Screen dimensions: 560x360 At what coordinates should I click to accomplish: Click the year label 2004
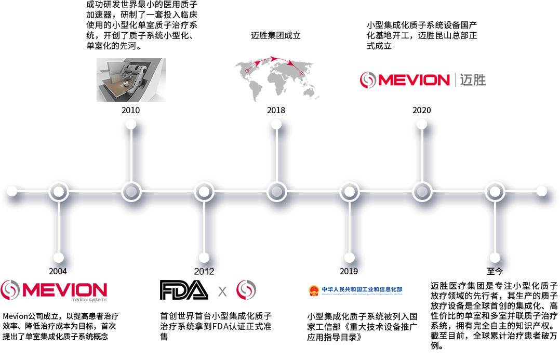tap(58, 271)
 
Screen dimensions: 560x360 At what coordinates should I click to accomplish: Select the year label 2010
tap(130, 110)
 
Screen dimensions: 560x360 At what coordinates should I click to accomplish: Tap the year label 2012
tap(204, 271)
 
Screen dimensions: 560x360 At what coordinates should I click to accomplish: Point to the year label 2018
tap(276, 110)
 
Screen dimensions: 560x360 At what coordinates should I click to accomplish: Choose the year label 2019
tap(349, 271)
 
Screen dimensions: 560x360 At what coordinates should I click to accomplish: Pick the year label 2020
tap(421, 110)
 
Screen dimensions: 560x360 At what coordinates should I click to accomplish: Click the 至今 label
tap(495, 271)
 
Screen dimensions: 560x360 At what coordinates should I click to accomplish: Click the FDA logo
tap(183, 290)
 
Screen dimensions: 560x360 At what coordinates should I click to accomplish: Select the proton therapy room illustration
tap(131, 79)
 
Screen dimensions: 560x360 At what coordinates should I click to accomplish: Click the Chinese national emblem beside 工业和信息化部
tap(313, 290)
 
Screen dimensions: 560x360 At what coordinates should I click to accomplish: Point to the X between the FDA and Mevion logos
tap(222, 291)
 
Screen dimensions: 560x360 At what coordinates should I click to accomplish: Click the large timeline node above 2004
tap(59, 192)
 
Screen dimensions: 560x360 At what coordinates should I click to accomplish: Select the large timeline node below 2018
tap(276, 192)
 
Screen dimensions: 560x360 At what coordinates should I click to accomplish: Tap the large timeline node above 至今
tap(495, 192)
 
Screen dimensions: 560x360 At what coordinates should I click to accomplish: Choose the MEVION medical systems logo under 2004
tap(54, 290)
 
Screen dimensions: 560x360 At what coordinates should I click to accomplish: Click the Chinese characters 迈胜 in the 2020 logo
tap(473, 79)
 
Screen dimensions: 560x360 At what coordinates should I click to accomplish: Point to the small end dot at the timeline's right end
tap(541, 191)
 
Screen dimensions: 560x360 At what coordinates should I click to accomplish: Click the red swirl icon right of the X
tap(246, 290)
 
